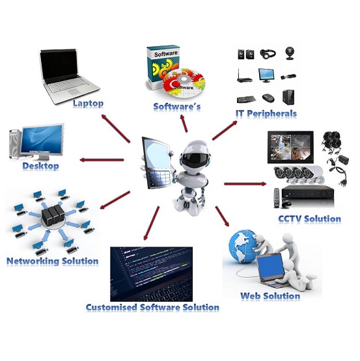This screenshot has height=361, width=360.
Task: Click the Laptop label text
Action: [x=88, y=103]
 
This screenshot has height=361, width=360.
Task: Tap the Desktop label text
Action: [x=40, y=166]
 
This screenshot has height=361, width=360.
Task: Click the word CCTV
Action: [x=290, y=219]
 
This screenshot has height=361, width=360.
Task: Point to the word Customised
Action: [x=111, y=307]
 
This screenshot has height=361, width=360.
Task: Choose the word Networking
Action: [x=33, y=261]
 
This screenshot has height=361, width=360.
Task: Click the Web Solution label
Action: [x=270, y=296]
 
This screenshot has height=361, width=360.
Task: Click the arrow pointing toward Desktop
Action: [x=102, y=160]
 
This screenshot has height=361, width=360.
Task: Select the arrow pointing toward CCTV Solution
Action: [x=245, y=183]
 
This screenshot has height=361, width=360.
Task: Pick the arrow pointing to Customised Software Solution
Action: [x=151, y=223]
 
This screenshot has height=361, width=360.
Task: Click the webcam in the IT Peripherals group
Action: [x=290, y=53]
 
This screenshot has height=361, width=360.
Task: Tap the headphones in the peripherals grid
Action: [x=268, y=54]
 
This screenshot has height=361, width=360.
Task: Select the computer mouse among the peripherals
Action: [x=268, y=98]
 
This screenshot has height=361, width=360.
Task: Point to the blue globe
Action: [x=242, y=246]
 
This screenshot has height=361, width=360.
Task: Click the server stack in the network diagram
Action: [x=53, y=215]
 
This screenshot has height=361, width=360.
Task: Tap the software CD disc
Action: [x=184, y=83]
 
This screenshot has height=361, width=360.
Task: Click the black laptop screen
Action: [x=59, y=66]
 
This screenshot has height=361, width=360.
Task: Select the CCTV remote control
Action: [x=277, y=198]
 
